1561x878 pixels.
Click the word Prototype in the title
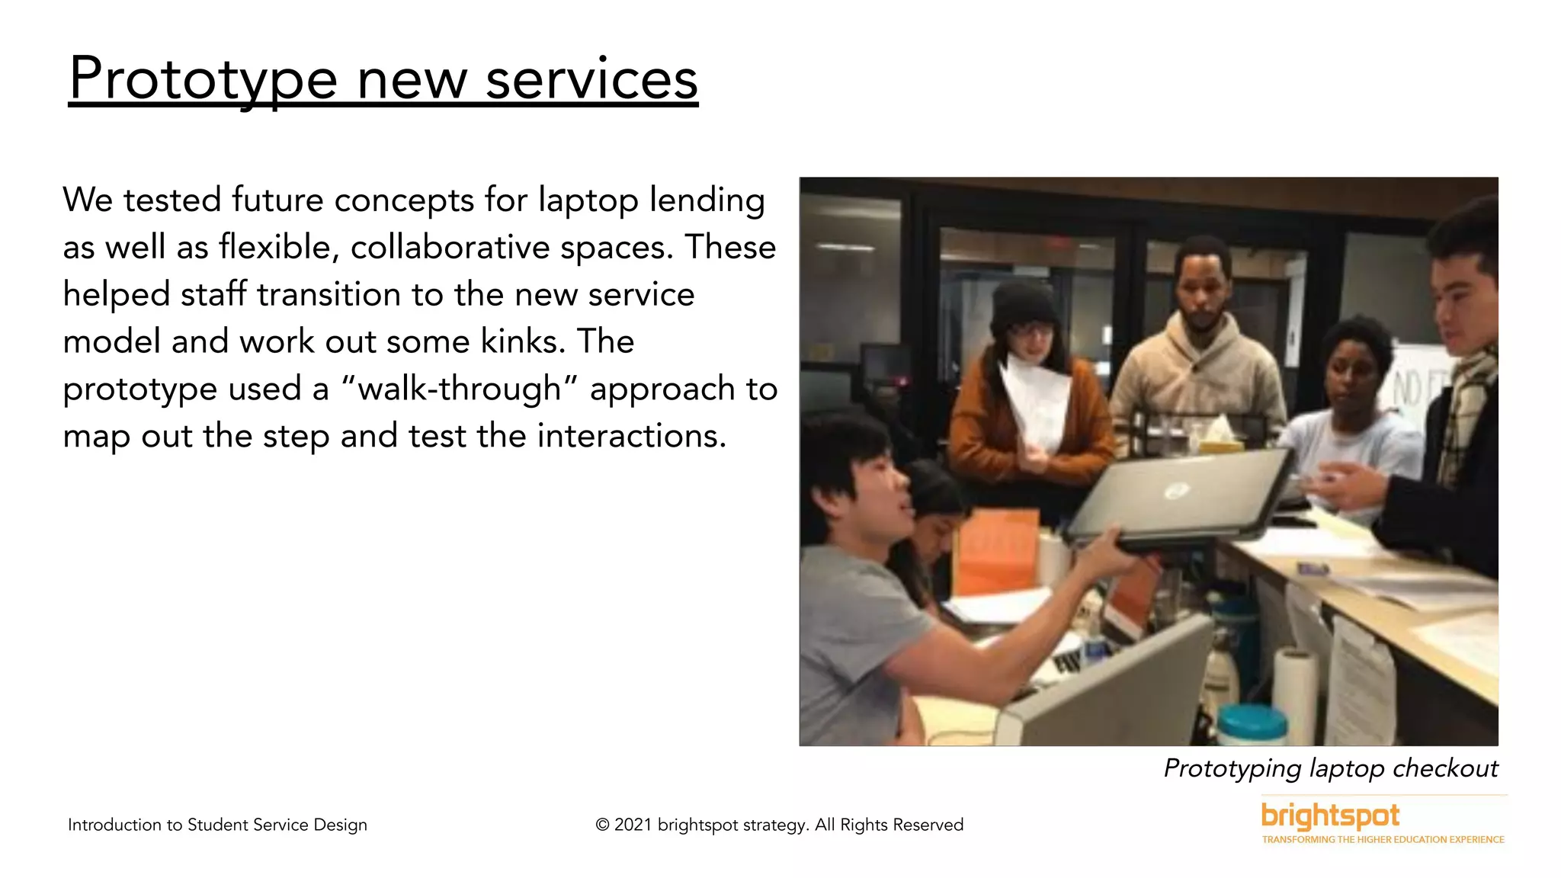pyautogui.click(x=203, y=79)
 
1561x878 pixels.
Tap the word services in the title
pyautogui.click(x=591, y=79)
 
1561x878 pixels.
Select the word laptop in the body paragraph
pyautogui.click(x=588, y=200)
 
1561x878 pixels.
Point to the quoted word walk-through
pyautogui.click(x=460, y=389)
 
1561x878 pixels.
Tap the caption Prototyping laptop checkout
pyautogui.click(x=1330, y=768)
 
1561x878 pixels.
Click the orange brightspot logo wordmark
pyautogui.click(x=1330, y=816)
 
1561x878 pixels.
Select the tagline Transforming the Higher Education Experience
pyautogui.click(x=1383, y=840)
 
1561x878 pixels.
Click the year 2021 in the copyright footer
pyautogui.click(x=633, y=825)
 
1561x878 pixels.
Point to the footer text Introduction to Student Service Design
pyautogui.click(x=217, y=825)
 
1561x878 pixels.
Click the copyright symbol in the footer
pyautogui.click(x=602, y=825)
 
